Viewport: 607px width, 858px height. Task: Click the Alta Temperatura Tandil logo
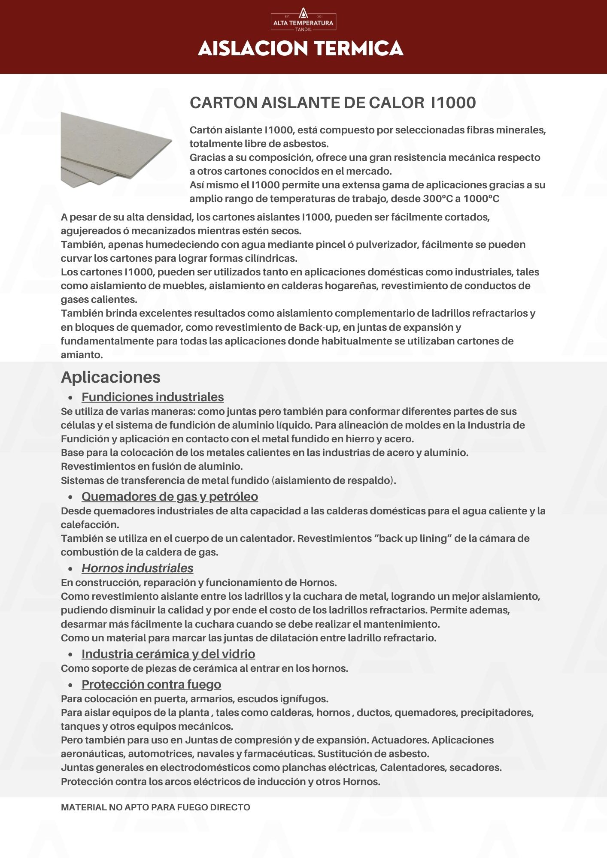coord(303,20)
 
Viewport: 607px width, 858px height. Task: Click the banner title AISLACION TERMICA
coord(300,48)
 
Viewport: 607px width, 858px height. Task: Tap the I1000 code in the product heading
coord(453,103)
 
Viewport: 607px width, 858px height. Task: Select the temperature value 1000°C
coord(481,199)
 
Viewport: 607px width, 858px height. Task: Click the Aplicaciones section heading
coord(111,377)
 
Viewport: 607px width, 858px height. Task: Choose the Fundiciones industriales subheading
coord(152,397)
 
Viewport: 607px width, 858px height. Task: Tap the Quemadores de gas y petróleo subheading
coord(170,496)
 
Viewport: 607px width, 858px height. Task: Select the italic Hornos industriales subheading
coord(137,568)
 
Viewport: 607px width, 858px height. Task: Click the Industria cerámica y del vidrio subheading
coord(168,654)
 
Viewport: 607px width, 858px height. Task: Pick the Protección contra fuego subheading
coord(151,684)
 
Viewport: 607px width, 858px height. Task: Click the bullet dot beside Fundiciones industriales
coord(70,398)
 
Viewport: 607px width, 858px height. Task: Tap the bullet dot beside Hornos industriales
coord(70,569)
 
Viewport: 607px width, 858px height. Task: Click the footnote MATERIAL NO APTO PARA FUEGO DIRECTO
coord(155,807)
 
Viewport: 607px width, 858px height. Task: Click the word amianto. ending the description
coord(82,355)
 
